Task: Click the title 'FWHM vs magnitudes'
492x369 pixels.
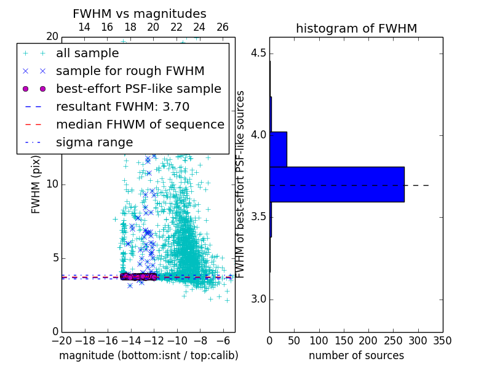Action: [140, 14]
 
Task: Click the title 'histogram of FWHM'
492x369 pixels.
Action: [356, 28]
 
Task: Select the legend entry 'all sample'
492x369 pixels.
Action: [87, 54]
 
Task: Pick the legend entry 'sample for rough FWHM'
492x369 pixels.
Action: [130, 71]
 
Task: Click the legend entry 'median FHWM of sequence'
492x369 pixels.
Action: [140, 124]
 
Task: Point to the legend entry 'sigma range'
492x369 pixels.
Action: [94, 142]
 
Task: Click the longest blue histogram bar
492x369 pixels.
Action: [337, 184]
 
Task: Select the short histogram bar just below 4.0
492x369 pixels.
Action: [278, 149]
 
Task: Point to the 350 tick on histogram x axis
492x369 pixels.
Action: [442, 340]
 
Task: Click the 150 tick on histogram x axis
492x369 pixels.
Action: [344, 340]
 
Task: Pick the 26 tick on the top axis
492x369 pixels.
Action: [223, 27]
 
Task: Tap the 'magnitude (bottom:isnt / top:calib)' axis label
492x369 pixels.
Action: [148, 355]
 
